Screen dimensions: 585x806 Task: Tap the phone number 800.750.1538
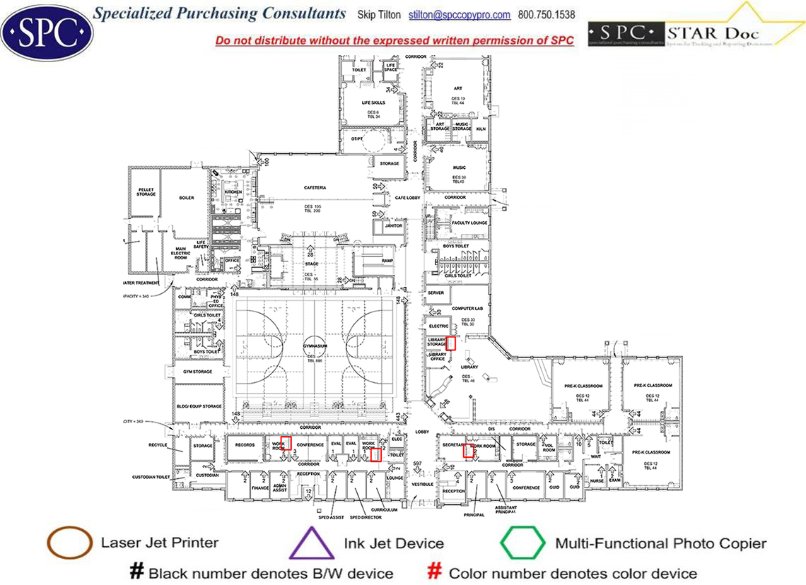coord(547,15)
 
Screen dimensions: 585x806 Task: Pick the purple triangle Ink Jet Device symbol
coord(312,545)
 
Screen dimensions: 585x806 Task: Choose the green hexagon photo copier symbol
coord(522,544)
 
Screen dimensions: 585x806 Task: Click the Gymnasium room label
coord(315,346)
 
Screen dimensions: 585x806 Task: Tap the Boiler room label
coord(186,198)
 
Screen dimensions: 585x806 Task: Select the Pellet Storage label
coord(146,191)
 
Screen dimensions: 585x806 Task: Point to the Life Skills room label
coord(373,102)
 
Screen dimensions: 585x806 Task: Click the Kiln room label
coord(481,129)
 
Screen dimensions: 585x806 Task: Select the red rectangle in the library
coord(450,344)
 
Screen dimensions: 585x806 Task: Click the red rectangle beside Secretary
coord(467,451)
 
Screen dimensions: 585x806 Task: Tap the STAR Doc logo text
coord(695,32)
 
